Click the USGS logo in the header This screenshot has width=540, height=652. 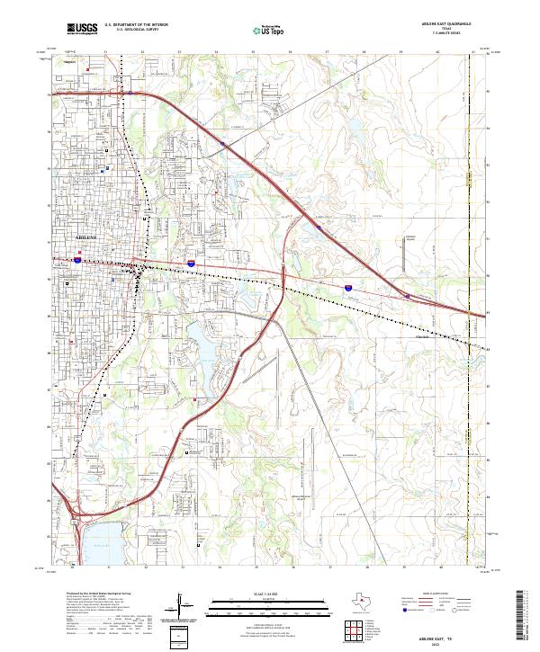click(82, 30)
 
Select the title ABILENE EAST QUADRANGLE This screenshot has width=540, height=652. click(446, 24)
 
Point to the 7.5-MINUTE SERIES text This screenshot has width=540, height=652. click(446, 33)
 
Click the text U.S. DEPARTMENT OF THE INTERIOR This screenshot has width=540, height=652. click(136, 25)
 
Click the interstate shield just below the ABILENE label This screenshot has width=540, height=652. click(79, 260)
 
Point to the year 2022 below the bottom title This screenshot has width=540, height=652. click(445, 643)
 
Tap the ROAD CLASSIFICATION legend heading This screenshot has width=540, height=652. click(447, 595)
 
